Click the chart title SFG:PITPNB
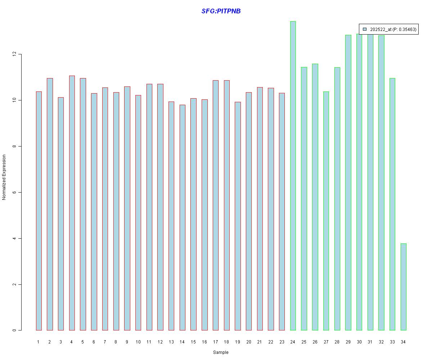(221, 11)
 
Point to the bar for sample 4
(72, 203)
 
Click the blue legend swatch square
(365, 29)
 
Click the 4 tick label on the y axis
(14, 238)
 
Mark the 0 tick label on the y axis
(14, 330)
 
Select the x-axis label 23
(282, 342)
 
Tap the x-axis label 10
(138, 342)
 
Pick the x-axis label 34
(404, 342)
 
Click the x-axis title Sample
(221, 352)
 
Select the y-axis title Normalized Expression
(4, 177)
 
